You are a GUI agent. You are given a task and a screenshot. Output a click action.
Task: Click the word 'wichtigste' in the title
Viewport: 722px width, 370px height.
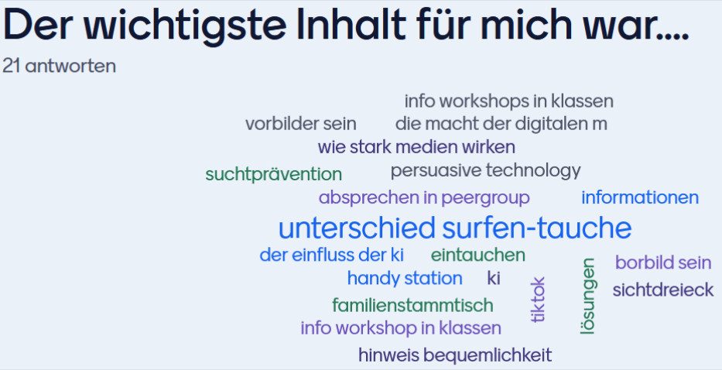click(x=185, y=26)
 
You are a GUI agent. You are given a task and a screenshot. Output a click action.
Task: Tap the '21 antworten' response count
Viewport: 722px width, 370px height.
click(x=59, y=66)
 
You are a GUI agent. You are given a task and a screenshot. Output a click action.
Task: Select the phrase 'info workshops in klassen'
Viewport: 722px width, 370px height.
click(x=509, y=101)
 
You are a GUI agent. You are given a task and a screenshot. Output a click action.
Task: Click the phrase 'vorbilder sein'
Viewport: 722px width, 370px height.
click(x=301, y=124)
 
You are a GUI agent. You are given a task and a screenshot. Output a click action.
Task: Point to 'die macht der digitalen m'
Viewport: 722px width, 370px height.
click(x=501, y=124)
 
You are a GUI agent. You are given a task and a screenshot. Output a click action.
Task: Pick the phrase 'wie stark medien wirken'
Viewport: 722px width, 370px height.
click(x=416, y=147)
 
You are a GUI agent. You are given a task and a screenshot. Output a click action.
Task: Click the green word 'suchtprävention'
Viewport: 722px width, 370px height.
click(x=273, y=174)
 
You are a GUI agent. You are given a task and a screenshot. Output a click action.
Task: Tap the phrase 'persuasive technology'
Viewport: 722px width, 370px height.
click(x=485, y=170)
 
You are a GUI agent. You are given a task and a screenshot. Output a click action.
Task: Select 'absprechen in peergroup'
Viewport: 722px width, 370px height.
click(x=424, y=197)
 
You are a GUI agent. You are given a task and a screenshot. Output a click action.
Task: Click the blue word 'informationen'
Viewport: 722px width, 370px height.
click(x=640, y=197)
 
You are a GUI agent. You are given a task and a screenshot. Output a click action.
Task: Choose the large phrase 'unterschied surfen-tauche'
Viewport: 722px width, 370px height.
click(x=455, y=228)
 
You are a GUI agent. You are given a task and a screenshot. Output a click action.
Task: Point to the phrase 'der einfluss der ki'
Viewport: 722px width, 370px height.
click(x=331, y=255)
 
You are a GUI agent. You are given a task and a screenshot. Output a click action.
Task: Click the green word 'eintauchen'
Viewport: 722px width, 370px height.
click(x=478, y=255)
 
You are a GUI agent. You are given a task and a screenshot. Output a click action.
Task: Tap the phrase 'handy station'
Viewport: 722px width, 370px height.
click(x=405, y=279)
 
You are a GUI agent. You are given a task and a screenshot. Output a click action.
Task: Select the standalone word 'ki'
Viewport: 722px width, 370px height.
click(x=494, y=278)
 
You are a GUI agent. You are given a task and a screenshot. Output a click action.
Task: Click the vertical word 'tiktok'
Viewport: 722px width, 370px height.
click(x=537, y=300)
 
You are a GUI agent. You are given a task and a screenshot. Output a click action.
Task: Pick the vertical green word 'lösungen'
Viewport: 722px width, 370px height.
click(x=587, y=296)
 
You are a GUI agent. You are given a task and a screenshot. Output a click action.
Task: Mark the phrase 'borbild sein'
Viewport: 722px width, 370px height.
click(x=663, y=262)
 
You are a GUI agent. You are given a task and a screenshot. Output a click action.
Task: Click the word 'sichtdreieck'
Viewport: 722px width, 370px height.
click(x=663, y=289)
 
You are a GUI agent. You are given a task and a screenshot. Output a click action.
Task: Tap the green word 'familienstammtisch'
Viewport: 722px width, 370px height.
click(x=412, y=305)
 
